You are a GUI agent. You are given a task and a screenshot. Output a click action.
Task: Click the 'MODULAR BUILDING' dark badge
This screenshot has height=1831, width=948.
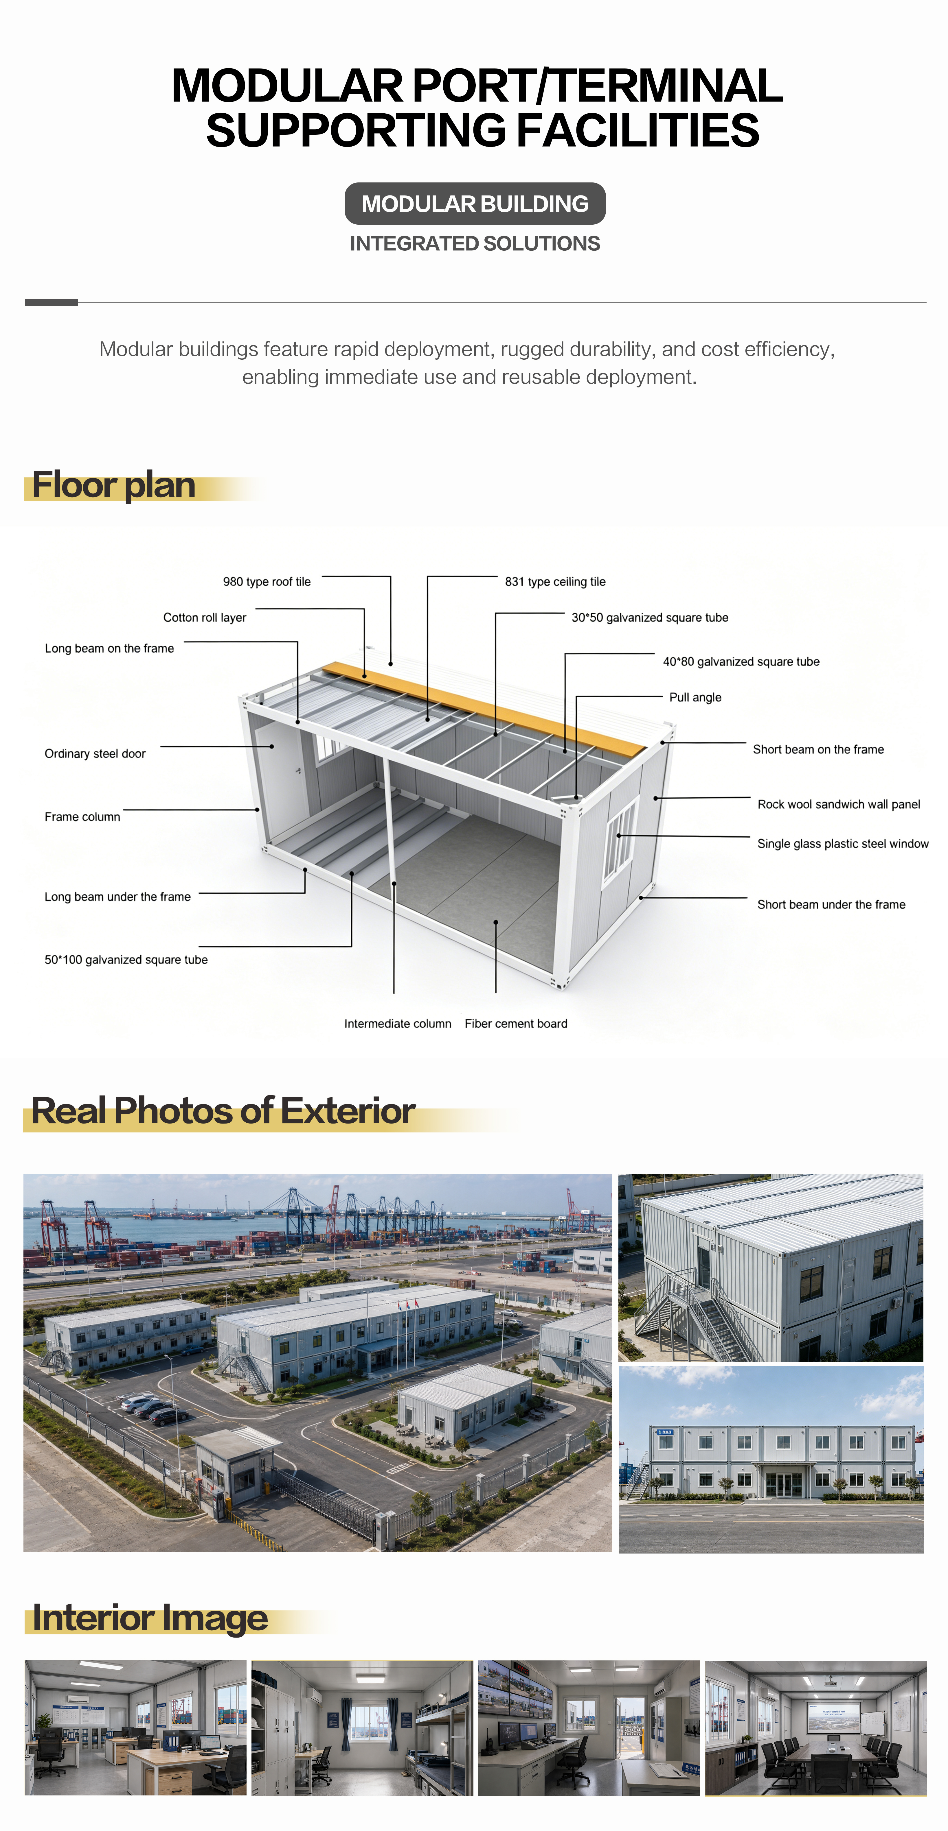click(x=475, y=204)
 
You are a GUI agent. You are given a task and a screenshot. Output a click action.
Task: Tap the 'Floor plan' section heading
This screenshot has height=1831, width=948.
click(x=114, y=485)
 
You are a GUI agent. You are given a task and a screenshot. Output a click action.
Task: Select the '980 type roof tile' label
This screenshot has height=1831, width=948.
click(x=267, y=581)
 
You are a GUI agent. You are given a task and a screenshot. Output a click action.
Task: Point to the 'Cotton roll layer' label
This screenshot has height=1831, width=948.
click(x=205, y=618)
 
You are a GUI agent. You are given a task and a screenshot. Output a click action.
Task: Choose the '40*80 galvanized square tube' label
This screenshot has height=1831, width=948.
click(x=741, y=662)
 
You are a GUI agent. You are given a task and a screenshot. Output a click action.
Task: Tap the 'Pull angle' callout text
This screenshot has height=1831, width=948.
click(x=696, y=697)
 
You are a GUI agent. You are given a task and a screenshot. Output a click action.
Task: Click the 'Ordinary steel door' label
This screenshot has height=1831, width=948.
click(x=95, y=753)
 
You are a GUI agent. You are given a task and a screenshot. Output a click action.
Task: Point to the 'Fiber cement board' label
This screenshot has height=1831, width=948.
click(x=516, y=1023)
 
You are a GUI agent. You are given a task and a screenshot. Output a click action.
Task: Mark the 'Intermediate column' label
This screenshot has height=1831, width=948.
click(x=398, y=1023)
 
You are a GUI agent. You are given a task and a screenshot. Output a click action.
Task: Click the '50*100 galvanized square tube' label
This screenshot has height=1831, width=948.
click(x=126, y=960)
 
